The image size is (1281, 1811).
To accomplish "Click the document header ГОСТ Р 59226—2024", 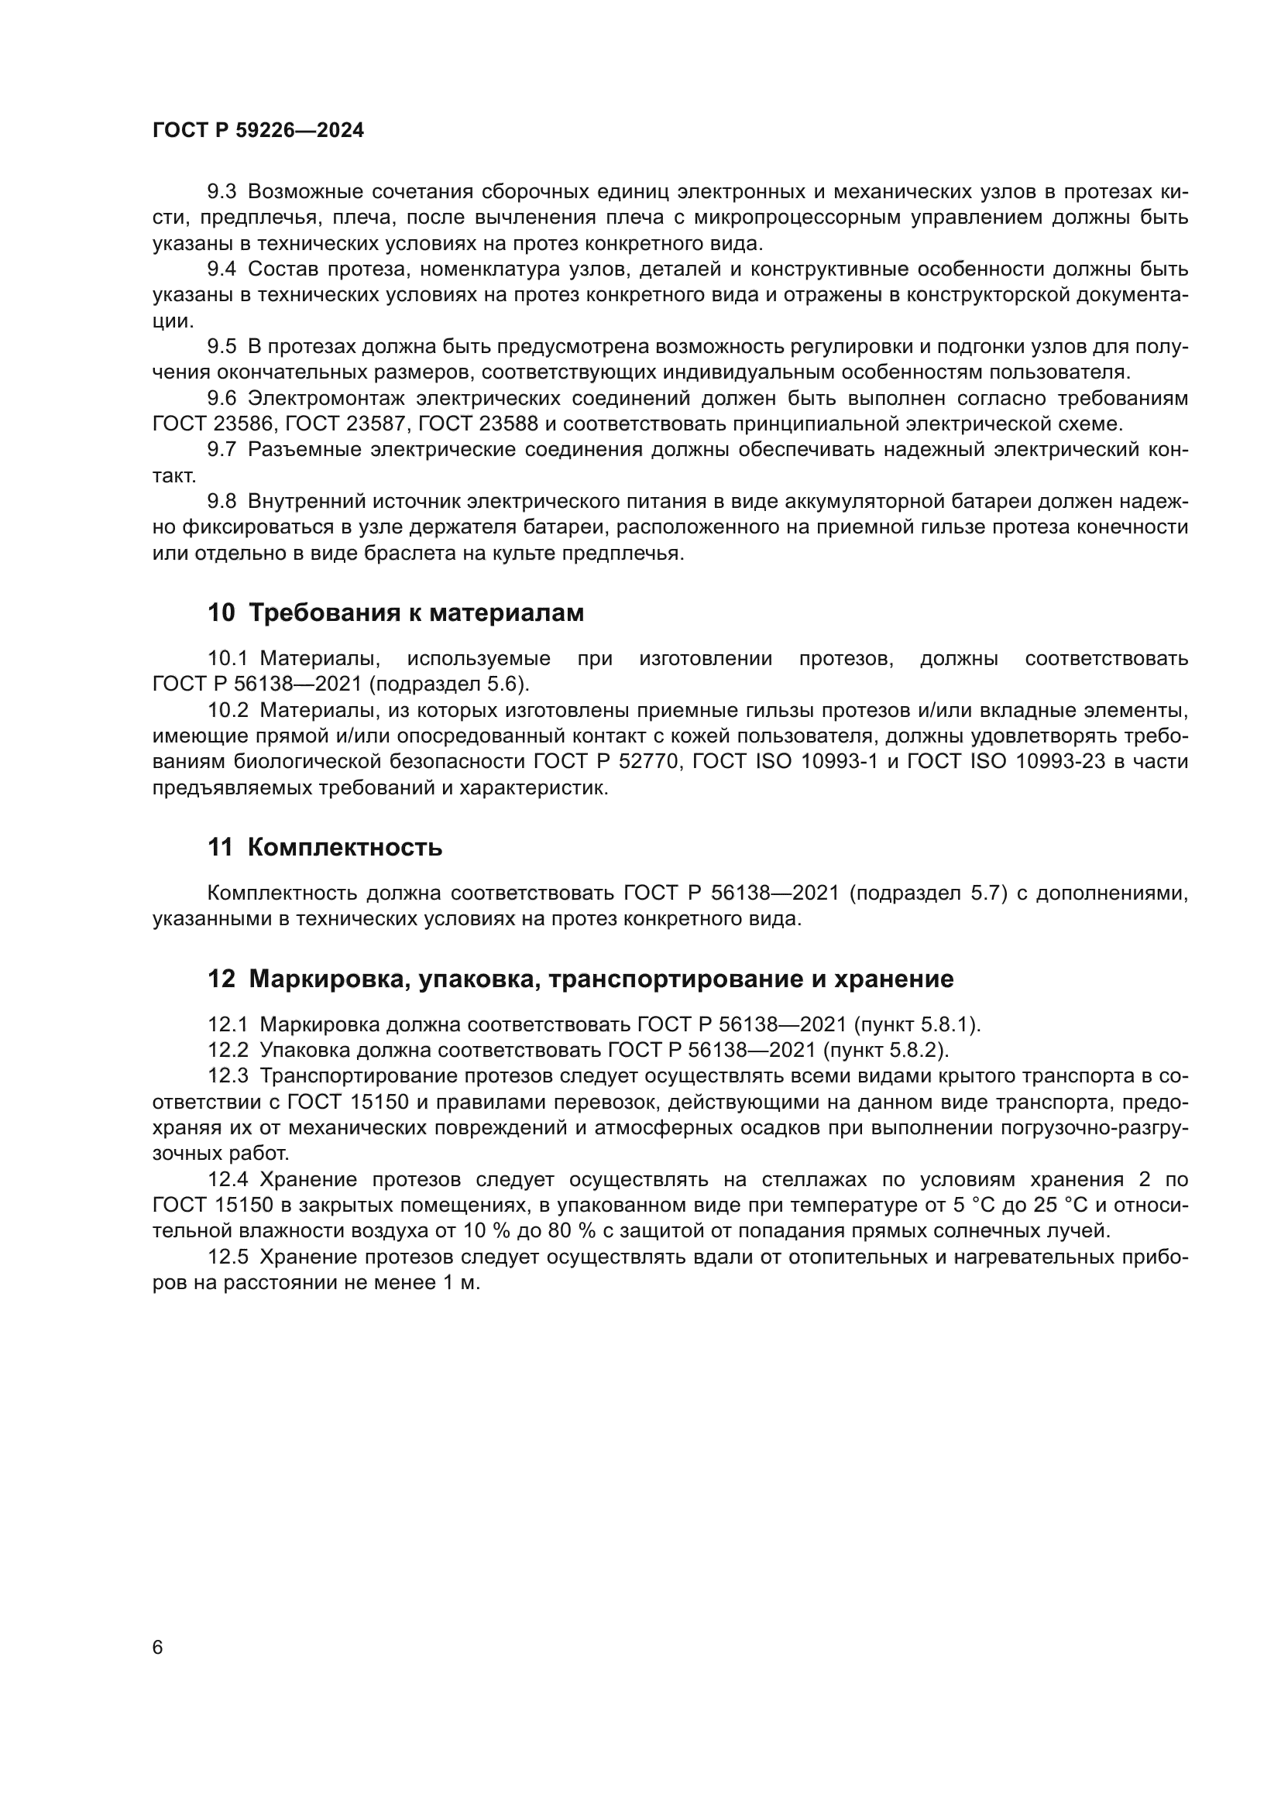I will [x=258, y=131].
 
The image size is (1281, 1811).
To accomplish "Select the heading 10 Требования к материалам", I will [x=396, y=613].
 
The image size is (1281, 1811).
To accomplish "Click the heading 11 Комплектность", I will [x=325, y=848].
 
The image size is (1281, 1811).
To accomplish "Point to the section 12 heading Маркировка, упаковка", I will [x=581, y=979].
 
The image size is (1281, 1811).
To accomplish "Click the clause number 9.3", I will [x=222, y=192].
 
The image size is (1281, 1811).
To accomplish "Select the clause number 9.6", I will [x=222, y=398].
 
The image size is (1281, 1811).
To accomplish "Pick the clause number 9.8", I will [x=222, y=502].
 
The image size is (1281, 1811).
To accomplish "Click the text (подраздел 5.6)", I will [x=450, y=684].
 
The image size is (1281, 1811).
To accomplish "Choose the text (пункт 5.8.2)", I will [x=886, y=1051].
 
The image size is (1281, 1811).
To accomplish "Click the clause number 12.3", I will [x=228, y=1077].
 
